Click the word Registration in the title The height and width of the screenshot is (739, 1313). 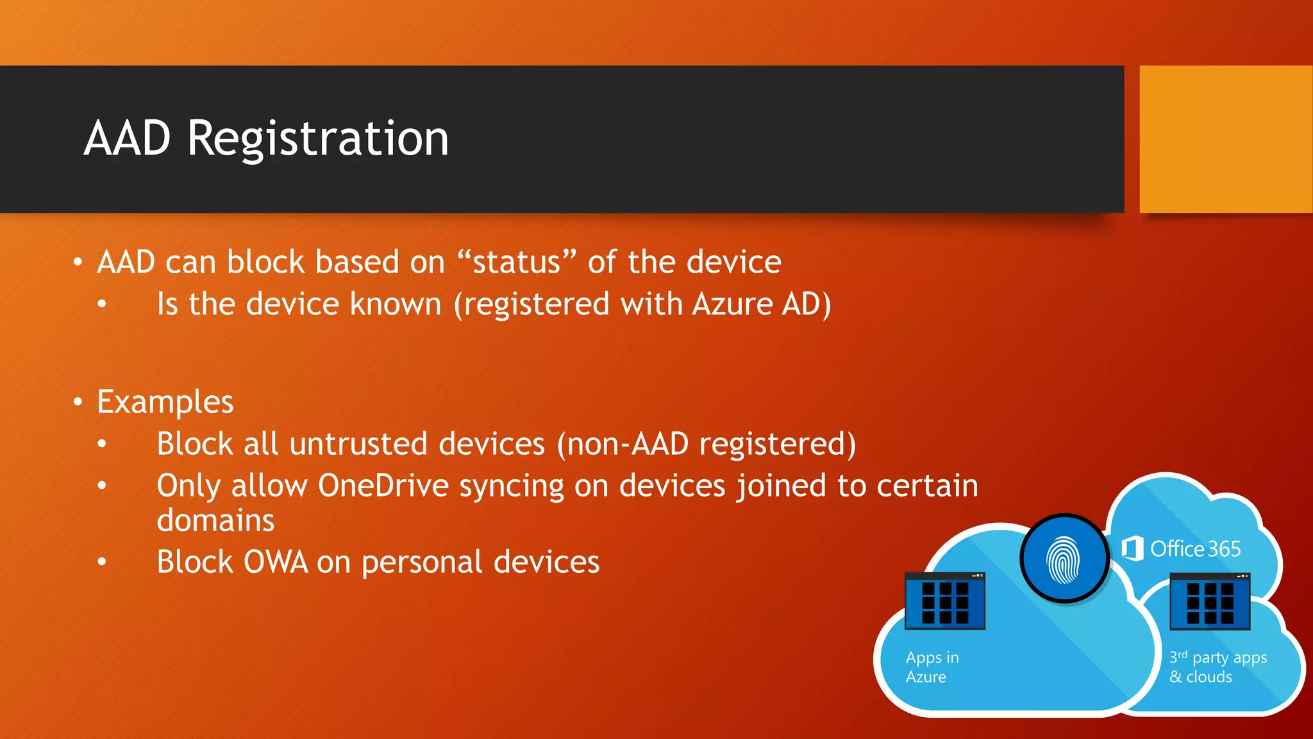(x=318, y=139)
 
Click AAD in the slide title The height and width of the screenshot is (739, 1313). (x=128, y=139)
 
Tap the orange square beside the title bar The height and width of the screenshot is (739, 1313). (x=1225, y=139)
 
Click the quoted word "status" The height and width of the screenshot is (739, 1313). (x=517, y=262)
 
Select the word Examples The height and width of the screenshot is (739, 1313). (x=165, y=402)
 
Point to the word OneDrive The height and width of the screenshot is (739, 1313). (x=383, y=486)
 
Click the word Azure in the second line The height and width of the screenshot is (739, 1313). (x=733, y=304)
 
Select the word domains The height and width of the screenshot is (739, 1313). (x=215, y=520)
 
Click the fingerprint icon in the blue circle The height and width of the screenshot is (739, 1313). (x=1064, y=559)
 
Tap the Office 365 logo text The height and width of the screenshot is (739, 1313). (x=1194, y=549)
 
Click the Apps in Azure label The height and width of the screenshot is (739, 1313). (x=932, y=667)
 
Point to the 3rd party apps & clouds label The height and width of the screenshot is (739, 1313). (x=1217, y=667)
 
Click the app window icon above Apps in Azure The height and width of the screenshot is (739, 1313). (x=944, y=601)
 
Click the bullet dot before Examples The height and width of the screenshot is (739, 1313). (x=78, y=402)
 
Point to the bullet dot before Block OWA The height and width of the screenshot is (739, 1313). (x=102, y=563)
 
